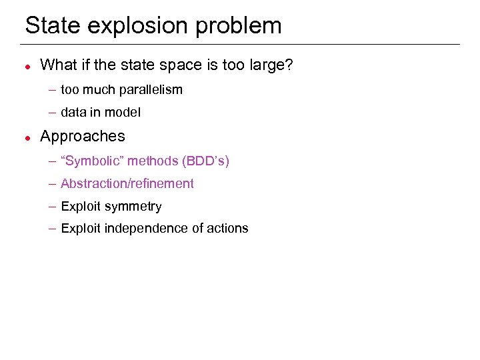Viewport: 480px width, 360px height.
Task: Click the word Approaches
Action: tap(83, 137)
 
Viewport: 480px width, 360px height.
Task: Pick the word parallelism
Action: tap(151, 90)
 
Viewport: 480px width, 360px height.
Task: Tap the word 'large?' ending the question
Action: tap(272, 66)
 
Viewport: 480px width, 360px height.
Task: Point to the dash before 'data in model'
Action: tap(52, 113)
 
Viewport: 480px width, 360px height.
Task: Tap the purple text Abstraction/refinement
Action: tap(127, 183)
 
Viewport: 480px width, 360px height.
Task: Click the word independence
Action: tap(143, 229)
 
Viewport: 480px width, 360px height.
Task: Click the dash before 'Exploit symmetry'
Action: tap(52, 207)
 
